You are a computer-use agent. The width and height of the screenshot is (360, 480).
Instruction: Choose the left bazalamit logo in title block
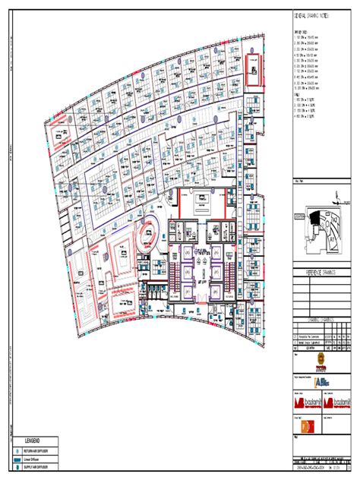click(302, 403)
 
